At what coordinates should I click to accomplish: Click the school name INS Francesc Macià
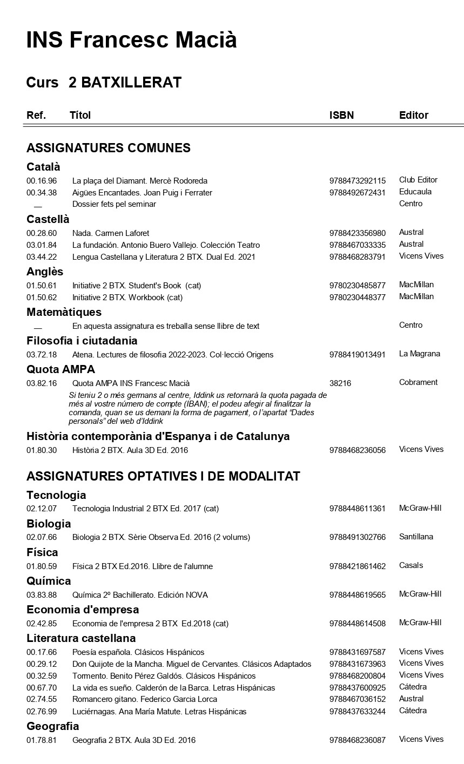click(x=131, y=40)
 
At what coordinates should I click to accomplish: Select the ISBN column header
click(x=341, y=115)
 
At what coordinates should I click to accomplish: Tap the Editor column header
click(x=413, y=115)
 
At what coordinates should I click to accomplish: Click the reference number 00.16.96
click(x=42, y=181)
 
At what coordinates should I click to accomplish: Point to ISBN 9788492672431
click(x=357, y=193)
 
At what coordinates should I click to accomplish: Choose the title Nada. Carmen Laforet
click(x=111, y=233)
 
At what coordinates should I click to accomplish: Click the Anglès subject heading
click(x=45, y=272)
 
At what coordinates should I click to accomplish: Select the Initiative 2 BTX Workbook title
click(x=127, y=298)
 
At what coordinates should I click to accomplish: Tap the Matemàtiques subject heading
click(x=64, y=312)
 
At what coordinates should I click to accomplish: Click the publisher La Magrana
click(x=419, y=354)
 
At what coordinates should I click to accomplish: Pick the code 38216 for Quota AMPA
click(x=340, y=383)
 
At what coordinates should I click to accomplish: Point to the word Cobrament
click(x=418, y=382)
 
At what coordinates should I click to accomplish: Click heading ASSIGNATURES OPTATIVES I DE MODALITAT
click(x=163, y=476)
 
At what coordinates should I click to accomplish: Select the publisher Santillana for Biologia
click(x=416, y=537)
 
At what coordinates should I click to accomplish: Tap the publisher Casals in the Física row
click(x=411, y=565)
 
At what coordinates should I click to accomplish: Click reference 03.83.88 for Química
click(x=42, y=595)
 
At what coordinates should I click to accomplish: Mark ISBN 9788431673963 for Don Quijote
click(x=357, y=664)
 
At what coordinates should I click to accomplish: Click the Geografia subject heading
click(x=52, y=726)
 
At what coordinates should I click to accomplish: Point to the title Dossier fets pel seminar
click(x=114, y=204)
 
